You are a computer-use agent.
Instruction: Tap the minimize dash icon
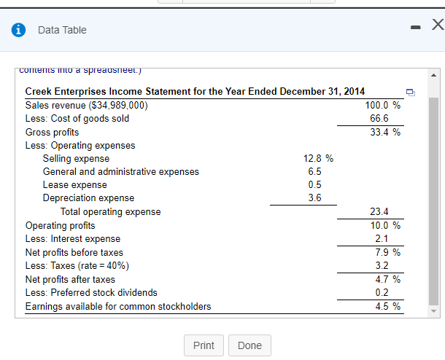click(414, 28)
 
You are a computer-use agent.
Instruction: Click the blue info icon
click(17, 30)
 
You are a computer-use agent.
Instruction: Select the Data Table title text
click(62, 30)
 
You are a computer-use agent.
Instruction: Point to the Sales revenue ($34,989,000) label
click(86, 105)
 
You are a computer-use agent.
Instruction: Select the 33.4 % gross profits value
click(382, 132)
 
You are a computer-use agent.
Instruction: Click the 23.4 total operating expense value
click(379, 212)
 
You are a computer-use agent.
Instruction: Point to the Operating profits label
click(60, 225)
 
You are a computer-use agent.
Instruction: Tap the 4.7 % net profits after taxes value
click(382, 279)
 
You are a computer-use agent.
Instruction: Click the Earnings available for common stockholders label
click(118, 306)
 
